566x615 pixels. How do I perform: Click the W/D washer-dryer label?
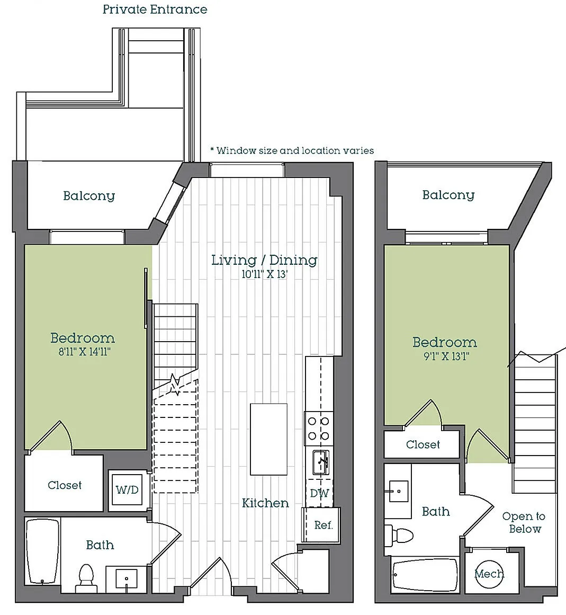[x=127, y=489]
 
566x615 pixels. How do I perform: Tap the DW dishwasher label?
[x=319, y=493]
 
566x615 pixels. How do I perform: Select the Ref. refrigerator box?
[x=321, y=525]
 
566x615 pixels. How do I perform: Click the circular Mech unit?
[x=489, y=574]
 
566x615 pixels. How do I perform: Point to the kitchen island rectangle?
[x=268, y=439]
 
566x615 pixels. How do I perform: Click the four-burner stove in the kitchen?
[x=319, y=429]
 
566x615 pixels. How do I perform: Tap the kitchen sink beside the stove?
[x=321, y=462]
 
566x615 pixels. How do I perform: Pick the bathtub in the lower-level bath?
[x=42, y=551]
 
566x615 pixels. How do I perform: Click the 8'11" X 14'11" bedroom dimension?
[x=84, y=351]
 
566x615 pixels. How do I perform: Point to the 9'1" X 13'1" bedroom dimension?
[x=446, y=356]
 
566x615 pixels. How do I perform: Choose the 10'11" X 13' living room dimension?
[x=265, y=274]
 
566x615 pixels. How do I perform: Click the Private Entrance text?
[x=155, y=9]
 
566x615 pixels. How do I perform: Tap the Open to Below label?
[x=524, y=522]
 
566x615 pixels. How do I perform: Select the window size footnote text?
[x=292, y=150]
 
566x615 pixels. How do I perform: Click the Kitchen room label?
[x=265, y=503]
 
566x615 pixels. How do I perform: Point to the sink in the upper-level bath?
[x=398, y=491]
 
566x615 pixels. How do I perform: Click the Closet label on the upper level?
[x=423, y=444]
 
